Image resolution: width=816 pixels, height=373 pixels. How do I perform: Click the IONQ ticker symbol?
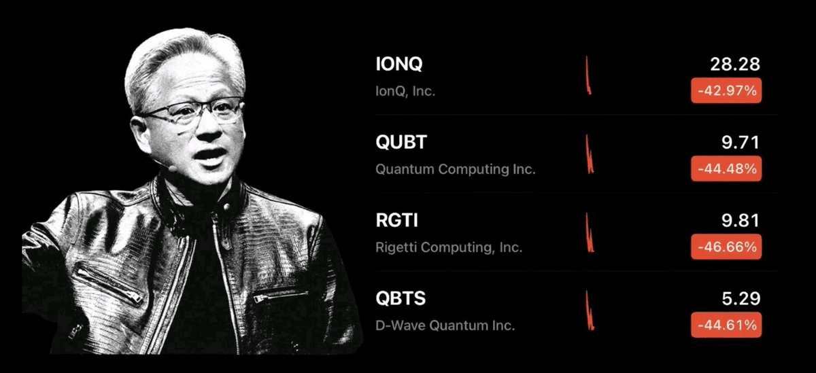399,64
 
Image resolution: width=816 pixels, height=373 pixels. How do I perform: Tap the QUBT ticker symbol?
401,142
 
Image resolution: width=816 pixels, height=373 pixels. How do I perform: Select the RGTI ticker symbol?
396,220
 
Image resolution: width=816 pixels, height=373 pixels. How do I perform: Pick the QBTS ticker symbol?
401,298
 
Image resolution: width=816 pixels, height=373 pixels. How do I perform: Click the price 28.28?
735,64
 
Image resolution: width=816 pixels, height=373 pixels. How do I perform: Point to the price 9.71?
741,142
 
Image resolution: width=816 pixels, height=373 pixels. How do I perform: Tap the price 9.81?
741,221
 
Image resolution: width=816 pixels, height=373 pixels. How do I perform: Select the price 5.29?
741,298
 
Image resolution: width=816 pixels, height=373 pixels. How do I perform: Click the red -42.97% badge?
726,90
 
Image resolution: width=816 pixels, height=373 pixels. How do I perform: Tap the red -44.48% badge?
726,168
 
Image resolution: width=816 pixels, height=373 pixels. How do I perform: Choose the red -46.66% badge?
726,247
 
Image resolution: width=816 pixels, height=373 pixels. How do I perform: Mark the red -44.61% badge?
726,325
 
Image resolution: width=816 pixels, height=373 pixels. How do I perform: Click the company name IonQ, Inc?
405,91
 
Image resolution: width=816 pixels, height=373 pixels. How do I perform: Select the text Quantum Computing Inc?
456,169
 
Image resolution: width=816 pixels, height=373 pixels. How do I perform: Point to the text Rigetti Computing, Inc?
449,247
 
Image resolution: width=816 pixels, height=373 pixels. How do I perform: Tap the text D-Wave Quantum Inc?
445,325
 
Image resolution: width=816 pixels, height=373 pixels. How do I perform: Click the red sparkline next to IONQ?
588,76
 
